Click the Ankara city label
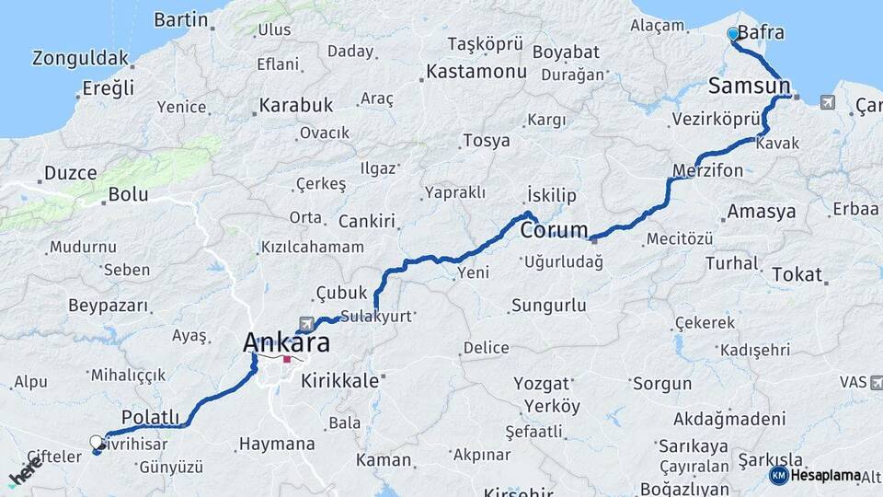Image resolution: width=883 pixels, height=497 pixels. coord(288,341)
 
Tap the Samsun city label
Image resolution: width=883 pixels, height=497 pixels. coord(749,87)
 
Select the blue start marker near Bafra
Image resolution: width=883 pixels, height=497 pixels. coord(733,34)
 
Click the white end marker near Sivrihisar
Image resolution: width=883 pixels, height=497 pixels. coord(97,443)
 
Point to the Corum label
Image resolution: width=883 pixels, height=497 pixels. coord(554,230)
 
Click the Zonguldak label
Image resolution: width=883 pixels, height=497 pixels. coord(80,58)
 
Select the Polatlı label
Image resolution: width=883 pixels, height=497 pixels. coord(151,417)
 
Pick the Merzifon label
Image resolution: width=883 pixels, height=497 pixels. coord(707,171)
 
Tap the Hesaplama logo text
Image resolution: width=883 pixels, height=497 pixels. coord(825,475)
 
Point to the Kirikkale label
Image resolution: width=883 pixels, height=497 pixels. coord(339,380)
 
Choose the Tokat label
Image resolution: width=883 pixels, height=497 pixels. coord(797,274)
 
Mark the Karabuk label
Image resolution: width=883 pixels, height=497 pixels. coord(295,105)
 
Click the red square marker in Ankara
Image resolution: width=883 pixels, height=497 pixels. coord(287,360)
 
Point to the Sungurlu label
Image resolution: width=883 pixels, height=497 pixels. coord(549,304)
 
